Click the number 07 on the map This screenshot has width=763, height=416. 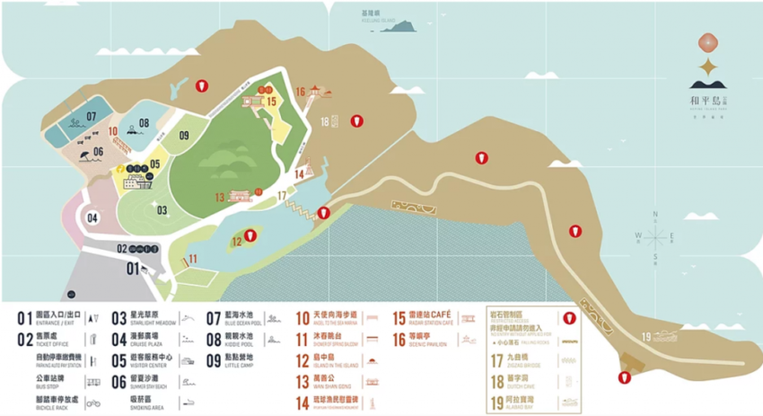[91, 118]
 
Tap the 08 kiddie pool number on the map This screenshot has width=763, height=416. [144, 124]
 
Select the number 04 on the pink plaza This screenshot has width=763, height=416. [92, 217]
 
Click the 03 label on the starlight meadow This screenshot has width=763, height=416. [162, 210]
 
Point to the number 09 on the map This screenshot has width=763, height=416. [183, 136]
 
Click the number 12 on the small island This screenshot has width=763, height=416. [237, 240]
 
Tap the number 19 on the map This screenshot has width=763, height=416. [646, 336]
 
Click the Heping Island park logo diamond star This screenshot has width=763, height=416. [708, 69]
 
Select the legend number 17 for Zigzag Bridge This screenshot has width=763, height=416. [496, 361]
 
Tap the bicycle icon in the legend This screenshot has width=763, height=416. [91, 405]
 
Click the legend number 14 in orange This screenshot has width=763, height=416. [303, 403]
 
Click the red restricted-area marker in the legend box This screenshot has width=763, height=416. [566, 317]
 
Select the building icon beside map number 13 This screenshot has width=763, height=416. [241, 196]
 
